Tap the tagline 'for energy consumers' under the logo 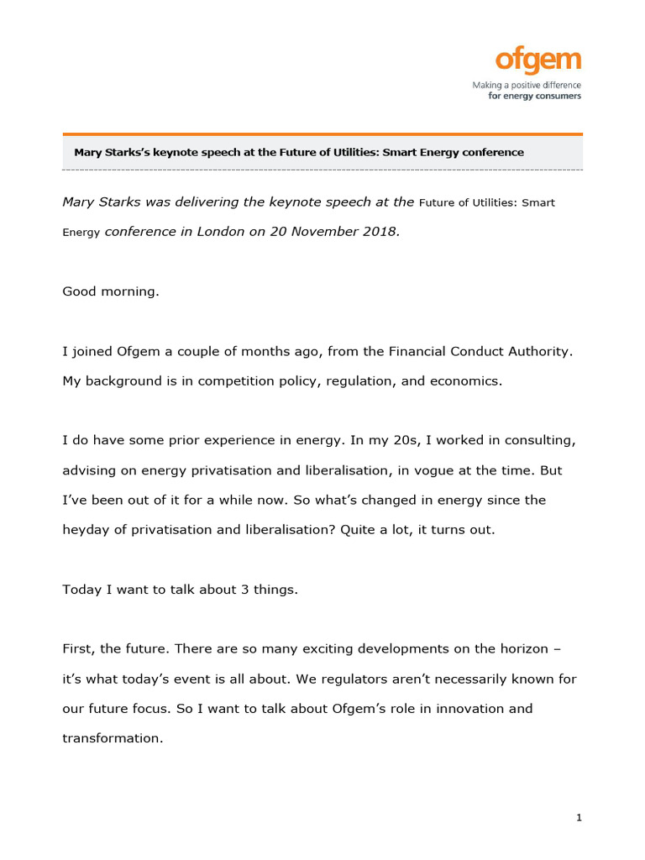click(x=534, y=96)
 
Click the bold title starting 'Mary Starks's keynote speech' click(x=298, y=153)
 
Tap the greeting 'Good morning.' click(x=110, y=291)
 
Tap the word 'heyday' click(x=86, y=530)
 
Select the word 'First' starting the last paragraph click(x=79, y=649)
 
